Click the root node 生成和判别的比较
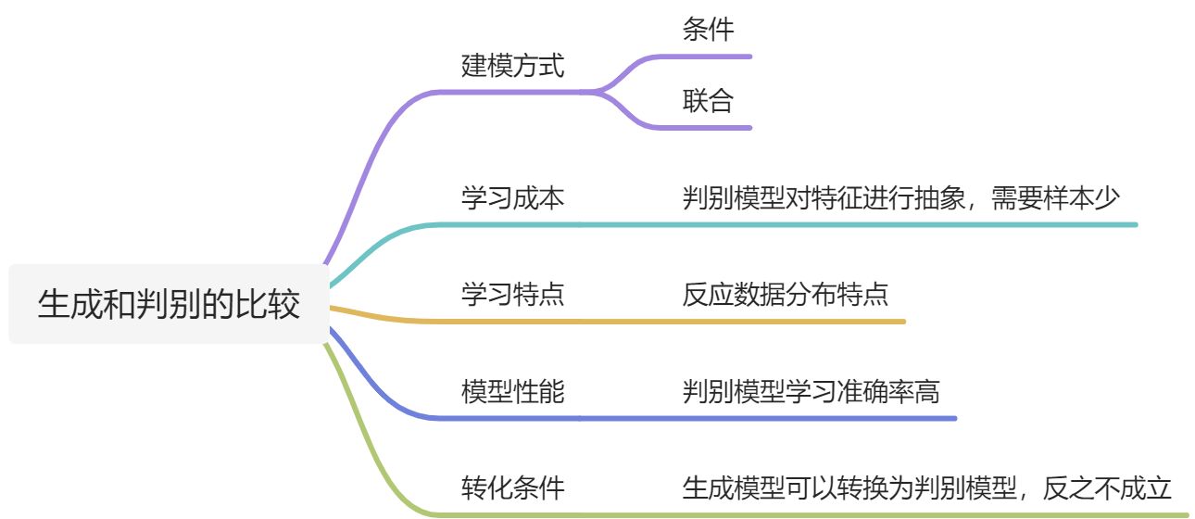pyautogui.click(x=169, y=304)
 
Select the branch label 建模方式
pyautogui.click(x=512, y=66)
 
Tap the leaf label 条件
pyautogui.click(x=709, y=30)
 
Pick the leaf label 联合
pyautogui.click(x=709, y=100)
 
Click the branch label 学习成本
pyautogui.click(x=512, y=197)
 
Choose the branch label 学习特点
pyautogui.click(x=512, y=295)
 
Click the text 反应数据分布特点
pyautogui.click(x=786, y=295)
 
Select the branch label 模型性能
pyautogui.click(x=512, y=392)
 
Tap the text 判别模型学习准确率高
pyautogui.click(x=811, y=392)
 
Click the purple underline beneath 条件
pyautogui.click(x=713, y=57)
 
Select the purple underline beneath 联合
pyautogui.click(x=713, y=127)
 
